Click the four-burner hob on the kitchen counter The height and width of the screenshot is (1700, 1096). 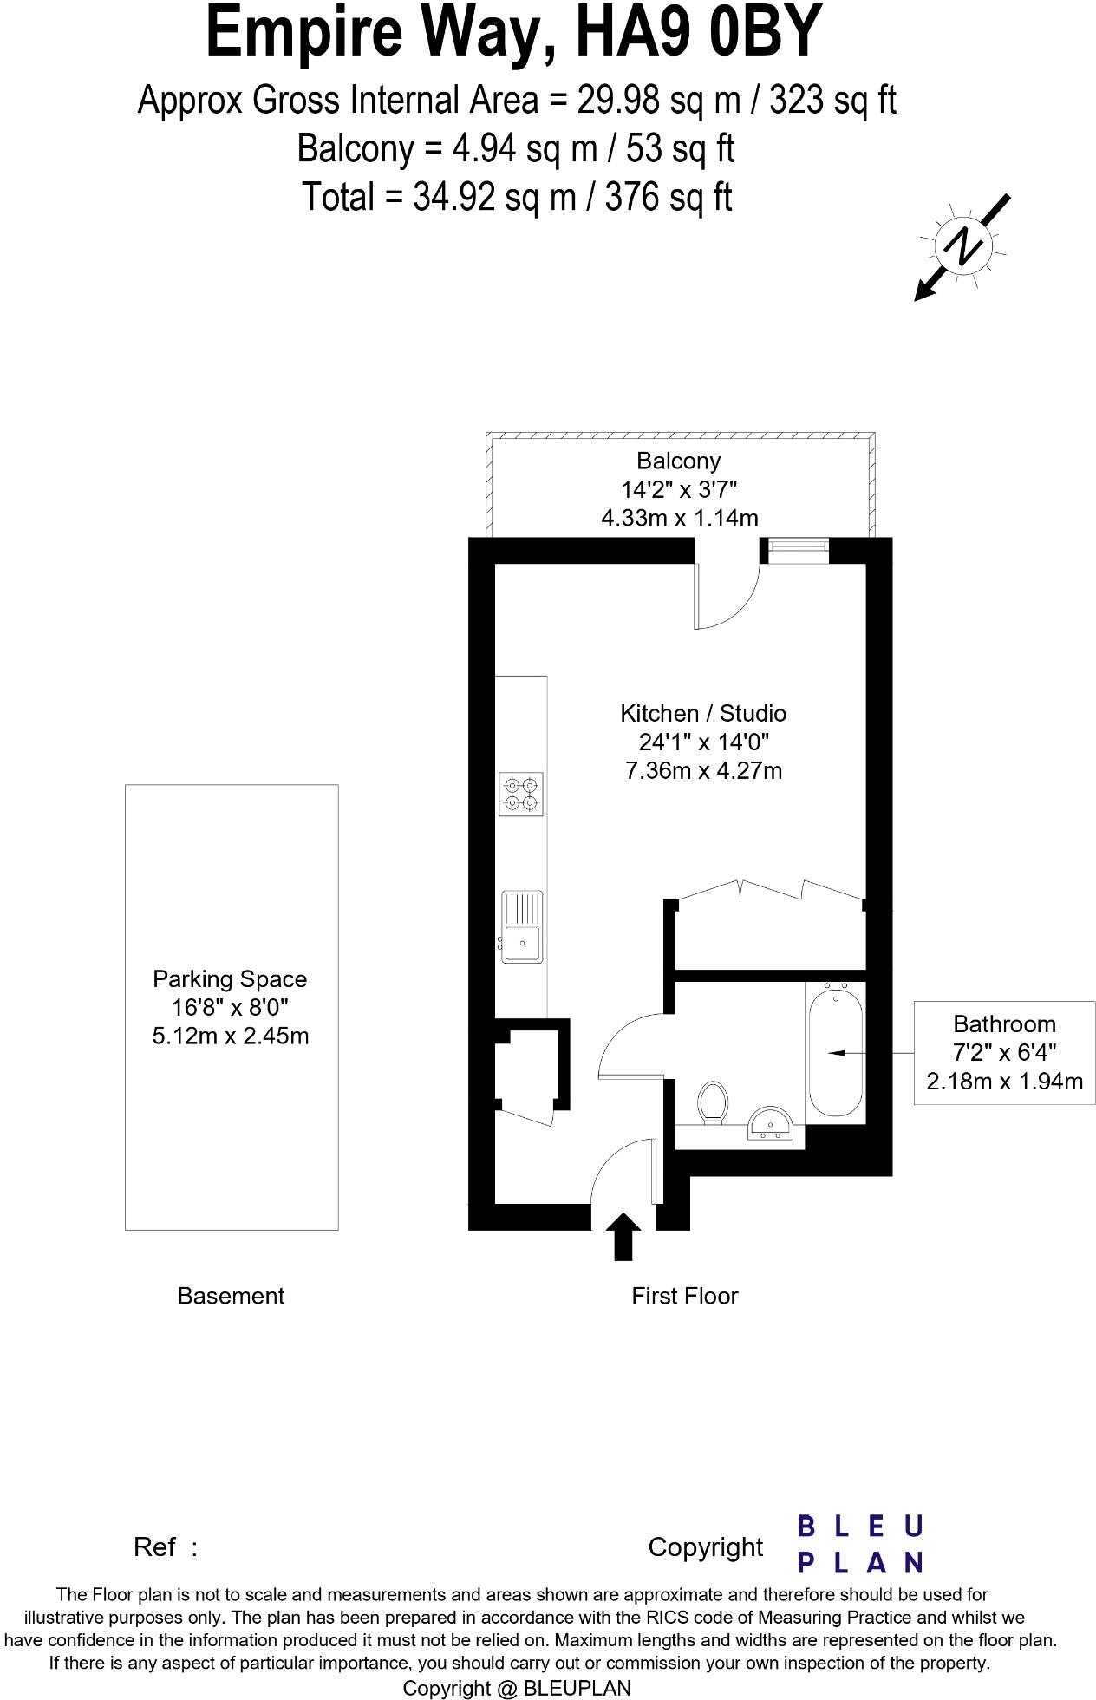point(522,794)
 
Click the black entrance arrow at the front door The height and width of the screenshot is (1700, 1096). point(623,1236)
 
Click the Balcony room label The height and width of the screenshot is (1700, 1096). point(678,461)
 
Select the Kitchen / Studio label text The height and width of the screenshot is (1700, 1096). point(702,713)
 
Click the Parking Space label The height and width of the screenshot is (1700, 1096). point(230,979)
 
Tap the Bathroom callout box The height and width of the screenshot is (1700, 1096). point(1004,1052)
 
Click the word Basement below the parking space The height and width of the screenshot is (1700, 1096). point(231,1296)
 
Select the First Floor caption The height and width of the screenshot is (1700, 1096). point(684,1296)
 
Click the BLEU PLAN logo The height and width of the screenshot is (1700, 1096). point(858,1544)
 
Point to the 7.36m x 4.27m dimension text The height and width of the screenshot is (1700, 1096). point(703,770)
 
